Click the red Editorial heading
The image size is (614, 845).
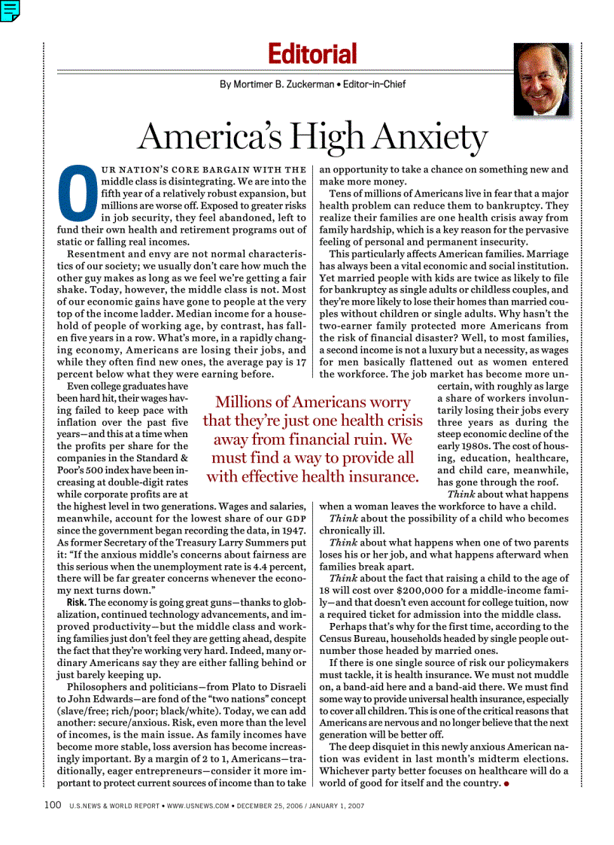pos(312,54)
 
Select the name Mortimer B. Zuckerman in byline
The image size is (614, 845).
pos(276,84)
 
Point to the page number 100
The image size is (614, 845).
pos(52,805)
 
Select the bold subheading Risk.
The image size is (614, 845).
pos(76,603)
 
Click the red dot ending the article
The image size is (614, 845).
pos(507,783)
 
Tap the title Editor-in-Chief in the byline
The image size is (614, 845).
pos(374,84)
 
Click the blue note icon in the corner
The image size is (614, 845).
pos(10,10)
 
